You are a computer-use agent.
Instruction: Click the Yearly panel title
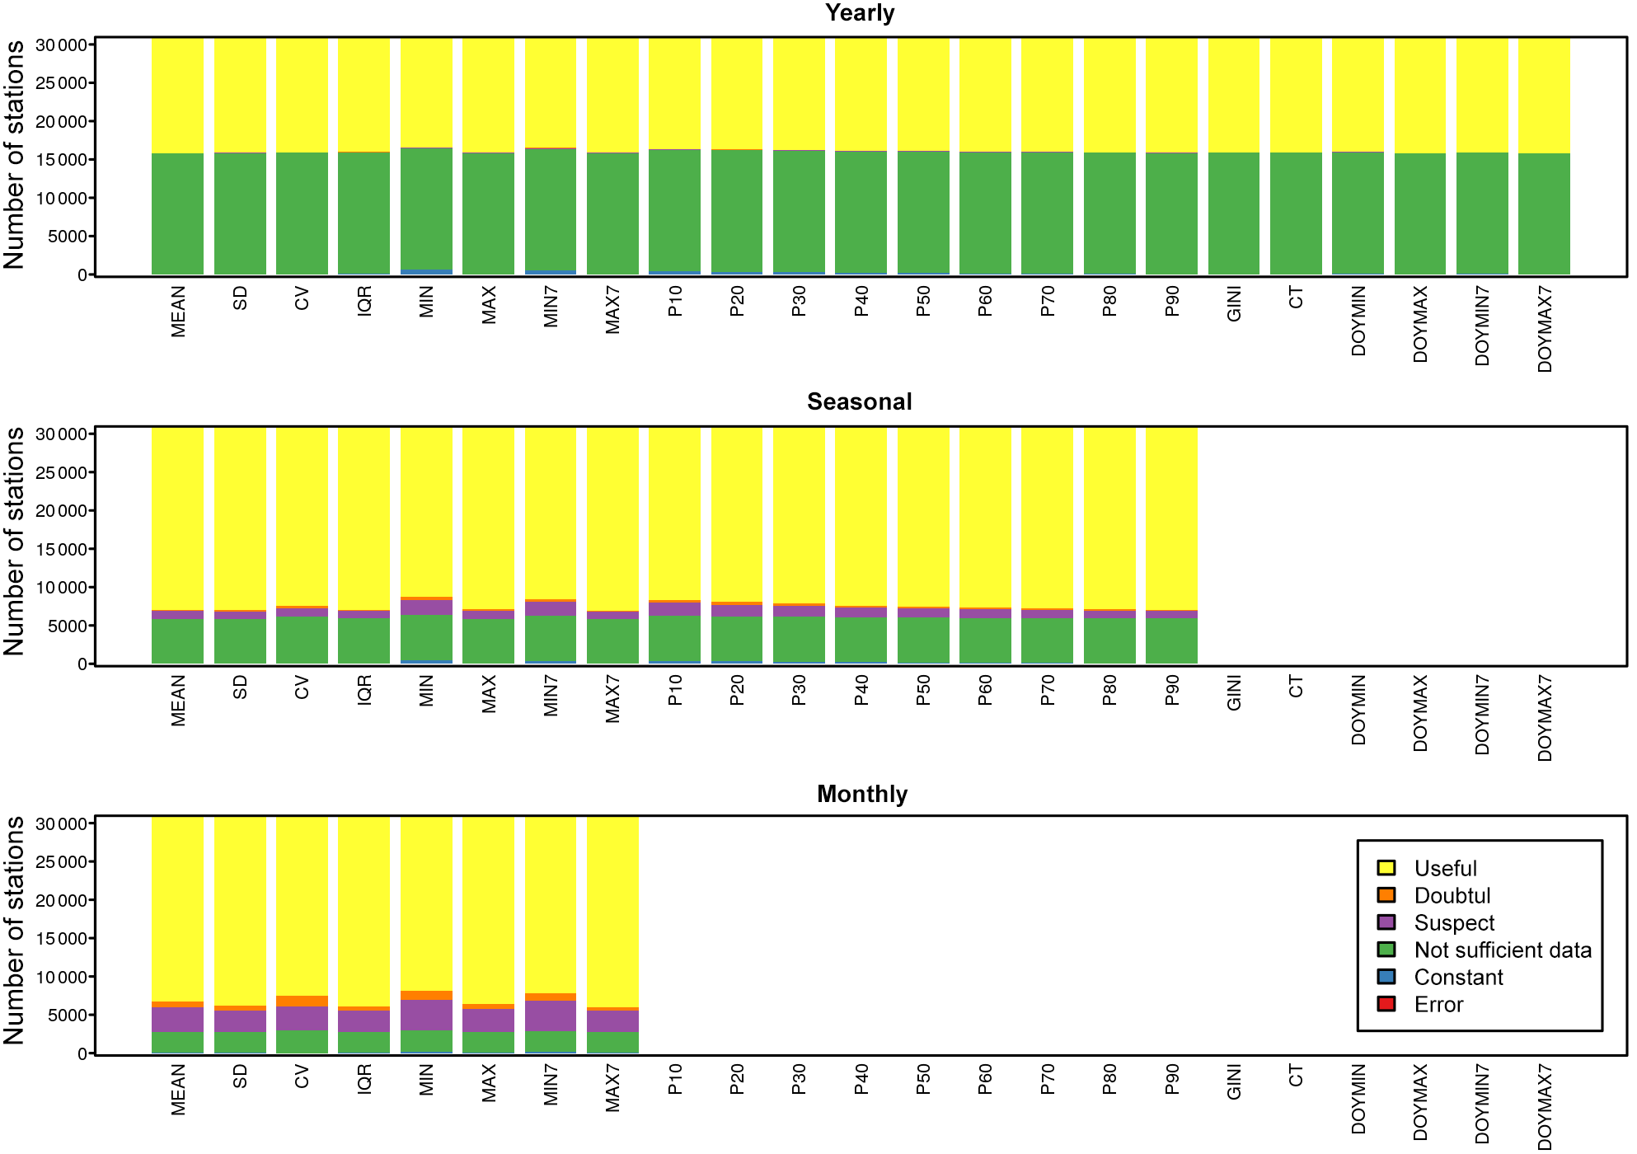859,13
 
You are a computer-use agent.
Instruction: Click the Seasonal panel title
859,402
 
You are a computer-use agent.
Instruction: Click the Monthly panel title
861,794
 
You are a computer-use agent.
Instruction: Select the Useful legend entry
1445,869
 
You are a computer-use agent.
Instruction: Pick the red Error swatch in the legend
1386,1004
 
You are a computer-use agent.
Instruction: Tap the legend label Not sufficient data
1502,950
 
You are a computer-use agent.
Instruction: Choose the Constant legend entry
1458,978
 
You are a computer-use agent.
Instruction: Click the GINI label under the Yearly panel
1234,304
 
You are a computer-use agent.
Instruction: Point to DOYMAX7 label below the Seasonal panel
1545,718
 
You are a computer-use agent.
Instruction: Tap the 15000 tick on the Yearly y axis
61,160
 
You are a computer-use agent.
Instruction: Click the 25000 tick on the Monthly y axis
61,862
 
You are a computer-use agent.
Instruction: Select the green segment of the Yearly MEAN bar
177,214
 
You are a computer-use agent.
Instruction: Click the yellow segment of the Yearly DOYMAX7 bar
1544,95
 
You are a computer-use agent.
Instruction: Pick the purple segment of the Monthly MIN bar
426,1015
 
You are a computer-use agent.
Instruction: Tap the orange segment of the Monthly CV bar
302,1002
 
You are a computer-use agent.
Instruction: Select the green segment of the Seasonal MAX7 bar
612,641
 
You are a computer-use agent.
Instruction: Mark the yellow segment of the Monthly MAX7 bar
612,911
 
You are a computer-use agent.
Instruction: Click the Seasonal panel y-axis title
15,542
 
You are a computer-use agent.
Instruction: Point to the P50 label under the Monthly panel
923,1079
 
